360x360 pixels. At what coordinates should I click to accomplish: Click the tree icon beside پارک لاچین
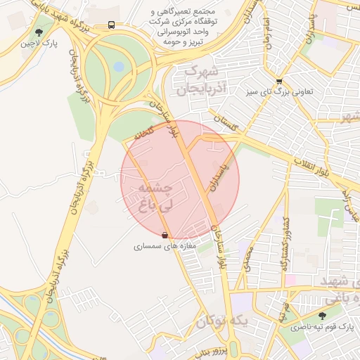coord(39,32)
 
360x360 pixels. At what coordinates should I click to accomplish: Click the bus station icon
coord(112,25)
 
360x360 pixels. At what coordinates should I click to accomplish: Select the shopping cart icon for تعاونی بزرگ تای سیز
coord(280,81)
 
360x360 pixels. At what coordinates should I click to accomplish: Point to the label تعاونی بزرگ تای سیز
coord(280,91)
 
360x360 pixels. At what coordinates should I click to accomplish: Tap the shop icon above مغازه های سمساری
coord(165,236)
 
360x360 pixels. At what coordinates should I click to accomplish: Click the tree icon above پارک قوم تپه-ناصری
coord(323,316)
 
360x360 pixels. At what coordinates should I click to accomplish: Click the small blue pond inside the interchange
coord(118,67)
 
